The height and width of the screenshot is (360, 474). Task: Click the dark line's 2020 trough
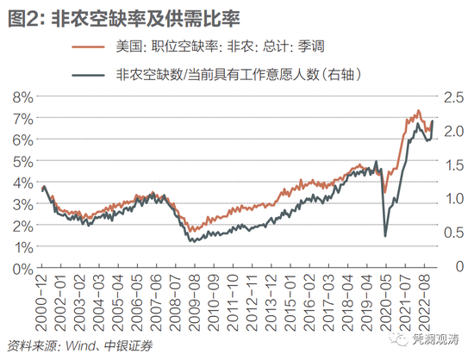384,236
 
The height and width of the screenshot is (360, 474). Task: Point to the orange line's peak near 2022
418,111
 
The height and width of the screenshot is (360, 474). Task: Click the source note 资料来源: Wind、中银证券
78,347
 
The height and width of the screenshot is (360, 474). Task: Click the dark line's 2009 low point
192,240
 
